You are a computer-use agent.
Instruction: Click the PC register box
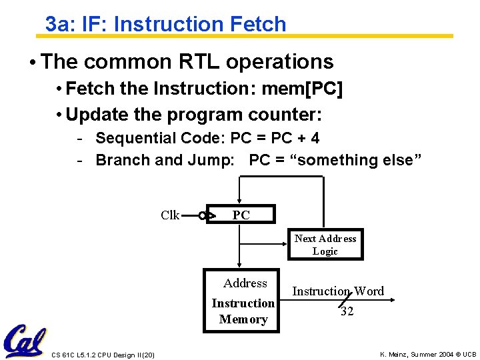pyautogui.click(x=241, y=214)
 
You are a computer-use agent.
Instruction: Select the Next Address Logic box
pyautogui.click(x=325, y=245)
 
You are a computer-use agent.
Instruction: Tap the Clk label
pyautogui.click(x=170, y=215)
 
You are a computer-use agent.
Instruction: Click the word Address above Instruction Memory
pyautogui.click(x=245, y=283)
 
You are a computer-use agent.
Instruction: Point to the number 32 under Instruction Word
pyautogui.click(x=347, y=311)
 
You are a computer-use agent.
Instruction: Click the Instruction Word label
pyautogui.click(x=338, y=291)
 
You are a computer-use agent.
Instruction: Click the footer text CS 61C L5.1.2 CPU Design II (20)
pyautogui.click(x=103, y=355)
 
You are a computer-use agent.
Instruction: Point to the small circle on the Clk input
pyautogui.click(x=201, y=215)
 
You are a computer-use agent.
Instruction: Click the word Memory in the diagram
pyautogui.click(x=243, y=319)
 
